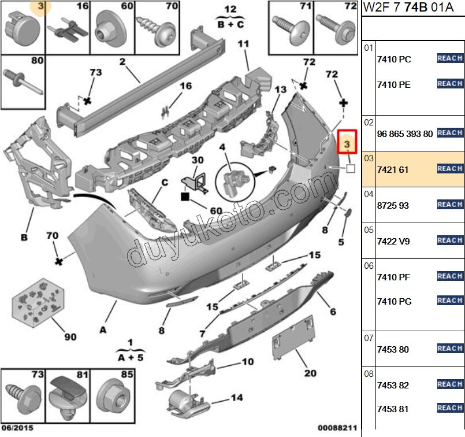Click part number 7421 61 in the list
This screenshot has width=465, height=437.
click(392, 169)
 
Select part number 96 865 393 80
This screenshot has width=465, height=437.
click(404, 134)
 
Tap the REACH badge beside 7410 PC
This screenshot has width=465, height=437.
click(449, 58)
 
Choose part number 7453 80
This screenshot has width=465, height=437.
click(392, 349)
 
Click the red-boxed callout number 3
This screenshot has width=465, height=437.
click(348, 142)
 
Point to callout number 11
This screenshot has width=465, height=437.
click(243, 44)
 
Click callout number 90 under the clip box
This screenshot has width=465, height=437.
click(70, 336)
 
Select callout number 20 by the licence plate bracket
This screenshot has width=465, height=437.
click(310, 373)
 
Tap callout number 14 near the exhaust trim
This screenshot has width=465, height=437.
click(237, 397)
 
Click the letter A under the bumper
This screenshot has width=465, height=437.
click(103, 330)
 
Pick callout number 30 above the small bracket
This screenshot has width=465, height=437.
click(198, 160)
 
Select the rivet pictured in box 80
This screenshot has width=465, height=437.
click(24, 81)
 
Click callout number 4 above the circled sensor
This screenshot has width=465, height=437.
click(222, 147)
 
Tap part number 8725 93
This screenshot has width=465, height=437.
click(392, 205)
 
